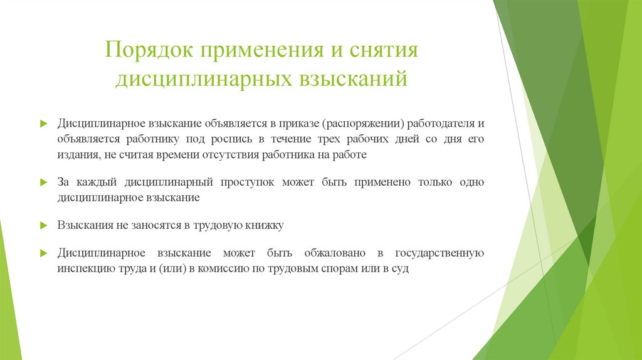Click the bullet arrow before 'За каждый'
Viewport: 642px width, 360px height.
[x=43, y=183]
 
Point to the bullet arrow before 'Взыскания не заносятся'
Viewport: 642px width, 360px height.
[x=43, y=225]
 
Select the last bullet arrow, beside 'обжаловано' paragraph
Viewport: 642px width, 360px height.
[x=43, y=253]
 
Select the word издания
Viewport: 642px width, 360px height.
[x=75, y=154]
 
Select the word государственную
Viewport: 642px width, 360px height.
[x=439, y=253]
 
